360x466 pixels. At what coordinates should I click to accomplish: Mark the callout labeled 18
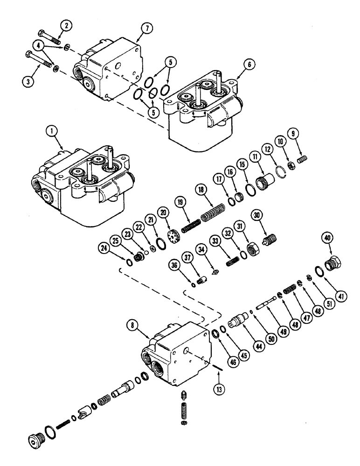coord(214,191)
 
